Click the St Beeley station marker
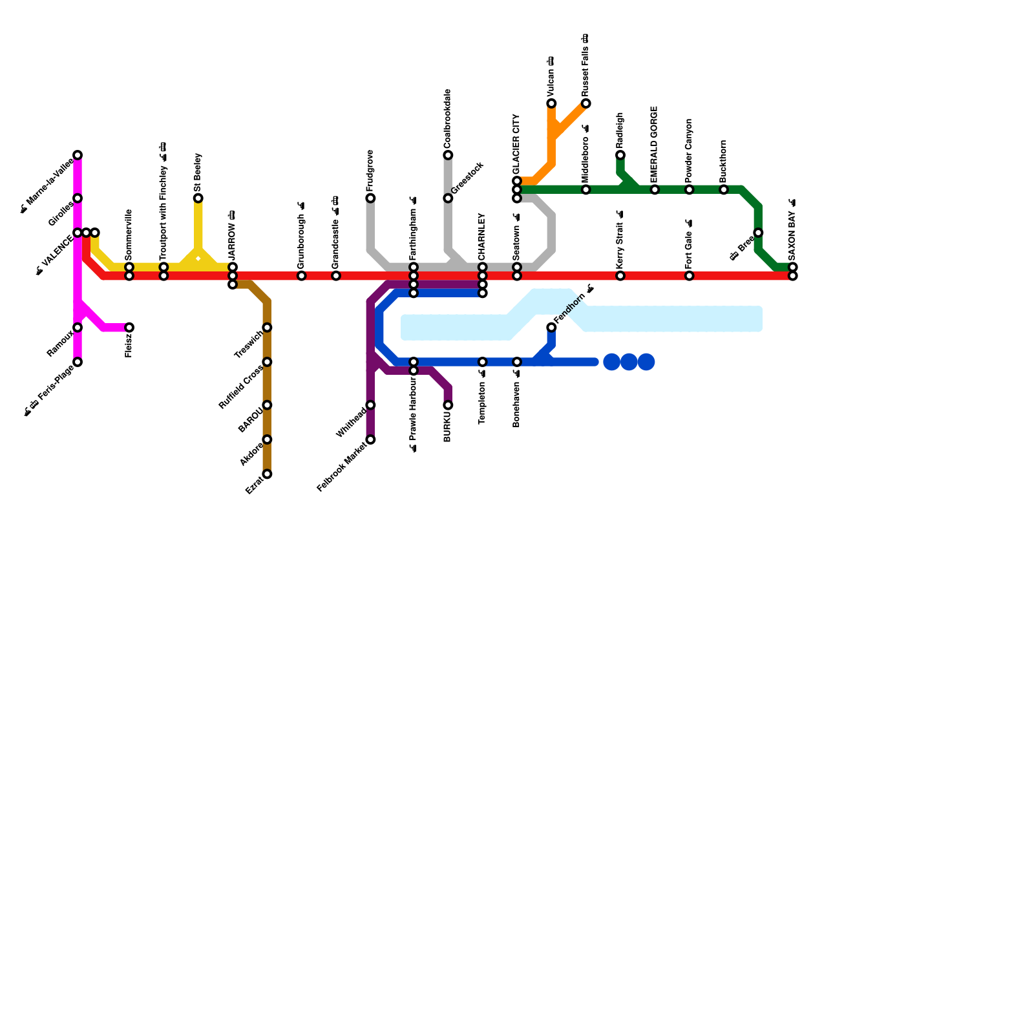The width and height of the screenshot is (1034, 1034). click(198, 198)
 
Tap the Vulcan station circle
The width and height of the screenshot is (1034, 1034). click(551, 103)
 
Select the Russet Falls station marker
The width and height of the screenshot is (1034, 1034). click(586, 103)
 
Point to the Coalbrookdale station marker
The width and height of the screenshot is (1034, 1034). click(448, 155)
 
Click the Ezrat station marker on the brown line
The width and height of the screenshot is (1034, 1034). click(267, 474)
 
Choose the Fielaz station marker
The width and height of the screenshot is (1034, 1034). click(129, 328)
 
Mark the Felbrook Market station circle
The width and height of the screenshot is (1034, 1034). click(370, 439)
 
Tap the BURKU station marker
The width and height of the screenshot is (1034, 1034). click(448, 405)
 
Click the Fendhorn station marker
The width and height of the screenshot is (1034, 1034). click(551, 328)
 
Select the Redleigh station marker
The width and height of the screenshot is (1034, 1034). click(620, 155)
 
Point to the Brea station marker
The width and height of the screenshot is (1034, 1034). click(758, 233)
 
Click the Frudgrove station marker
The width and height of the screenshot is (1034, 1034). click(370, 198)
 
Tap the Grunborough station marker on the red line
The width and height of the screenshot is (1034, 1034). click(302, 276)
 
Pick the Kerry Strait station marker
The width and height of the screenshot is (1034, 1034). click(620, 276)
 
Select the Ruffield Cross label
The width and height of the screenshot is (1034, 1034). click(240, 387)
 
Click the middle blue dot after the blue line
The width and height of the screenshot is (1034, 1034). click(629, 362)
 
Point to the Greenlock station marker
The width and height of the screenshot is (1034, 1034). click(448, 198)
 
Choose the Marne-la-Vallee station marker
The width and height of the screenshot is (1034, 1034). click(78, 155)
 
